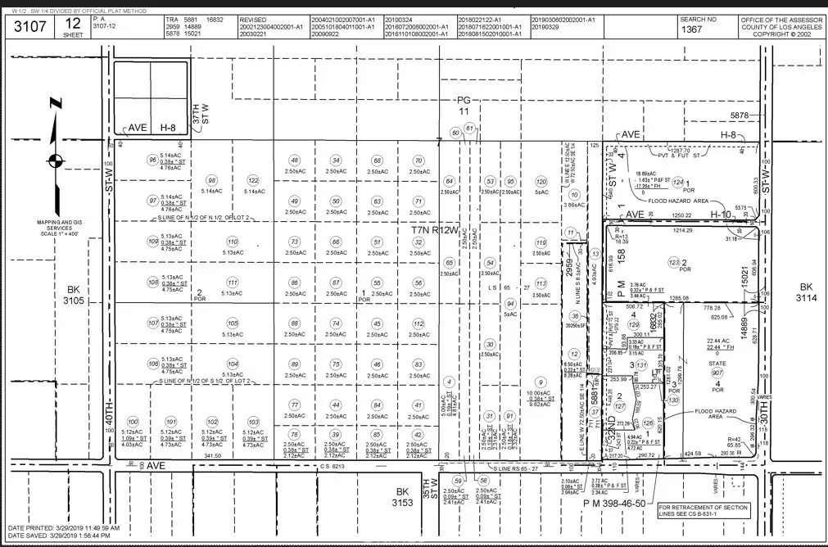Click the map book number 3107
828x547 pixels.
(27, 26)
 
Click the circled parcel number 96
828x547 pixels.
(152, 160)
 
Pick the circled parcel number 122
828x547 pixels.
(253, 180)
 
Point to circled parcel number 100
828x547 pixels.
(133, 422)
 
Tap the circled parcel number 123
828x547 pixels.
(674, 262)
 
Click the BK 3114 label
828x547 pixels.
(805, 293)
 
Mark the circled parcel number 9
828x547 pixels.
(540, 382)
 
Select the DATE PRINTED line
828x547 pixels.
(64, 528)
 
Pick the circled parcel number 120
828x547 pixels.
(541, 181)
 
